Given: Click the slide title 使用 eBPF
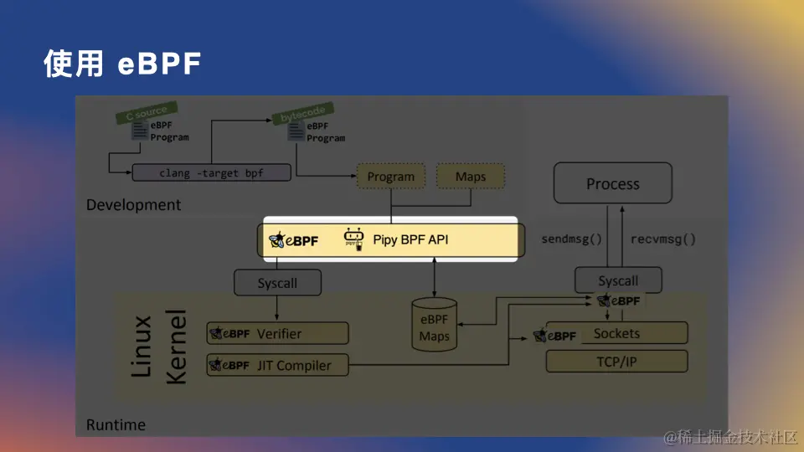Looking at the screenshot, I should click(122, 64).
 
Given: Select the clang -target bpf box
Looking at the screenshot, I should click(211, 173).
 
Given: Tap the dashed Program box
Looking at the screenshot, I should click(390, 177).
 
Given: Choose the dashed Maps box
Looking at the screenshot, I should click(471, 177).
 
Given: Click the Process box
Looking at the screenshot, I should click(612, 184).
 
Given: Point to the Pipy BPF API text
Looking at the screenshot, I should click(410, 240).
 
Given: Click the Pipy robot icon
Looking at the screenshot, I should click(355, 239).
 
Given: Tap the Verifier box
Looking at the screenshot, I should click(277, 333).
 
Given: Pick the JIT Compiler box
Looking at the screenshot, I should click(277, 365).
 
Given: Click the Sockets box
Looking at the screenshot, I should click(616, 333).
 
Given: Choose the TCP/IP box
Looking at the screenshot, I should click(616, 362).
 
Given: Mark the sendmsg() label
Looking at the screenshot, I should click(572, 239).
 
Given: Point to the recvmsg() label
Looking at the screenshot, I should click(662, 239).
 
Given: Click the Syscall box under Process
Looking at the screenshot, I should click(618, 281).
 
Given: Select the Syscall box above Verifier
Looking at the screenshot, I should click(277, 283).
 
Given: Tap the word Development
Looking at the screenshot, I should click(133, 205).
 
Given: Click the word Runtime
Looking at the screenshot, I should click(116, 425).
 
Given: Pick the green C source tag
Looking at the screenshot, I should click(142, 113).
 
